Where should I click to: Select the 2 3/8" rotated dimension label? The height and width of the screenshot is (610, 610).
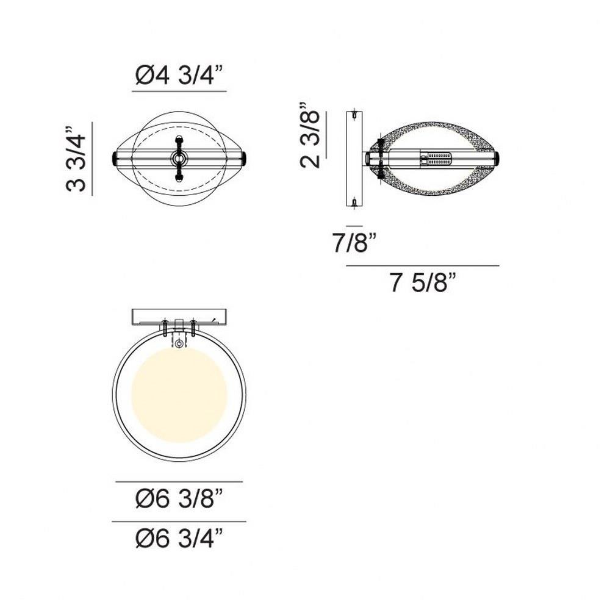point(310,135)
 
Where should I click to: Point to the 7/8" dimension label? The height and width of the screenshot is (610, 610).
point(354,242)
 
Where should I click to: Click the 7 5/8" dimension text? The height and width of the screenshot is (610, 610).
point(423,282)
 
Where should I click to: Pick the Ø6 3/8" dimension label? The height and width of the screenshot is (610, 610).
point(179,498)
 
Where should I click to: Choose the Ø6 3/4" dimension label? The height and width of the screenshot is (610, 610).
point(179,538)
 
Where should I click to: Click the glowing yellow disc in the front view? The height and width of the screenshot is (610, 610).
point(179,395)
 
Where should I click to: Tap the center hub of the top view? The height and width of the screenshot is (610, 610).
point(179,159)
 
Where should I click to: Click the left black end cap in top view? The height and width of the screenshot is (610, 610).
point(115,159)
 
